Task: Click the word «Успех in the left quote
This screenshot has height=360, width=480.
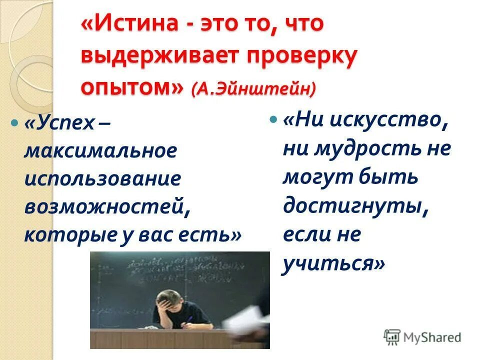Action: tap(59, 123)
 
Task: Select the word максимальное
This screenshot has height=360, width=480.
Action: tap(100, 150)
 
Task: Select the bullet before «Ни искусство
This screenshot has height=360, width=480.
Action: tap(273, 120)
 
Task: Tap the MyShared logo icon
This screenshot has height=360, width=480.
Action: tap(392, 337)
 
